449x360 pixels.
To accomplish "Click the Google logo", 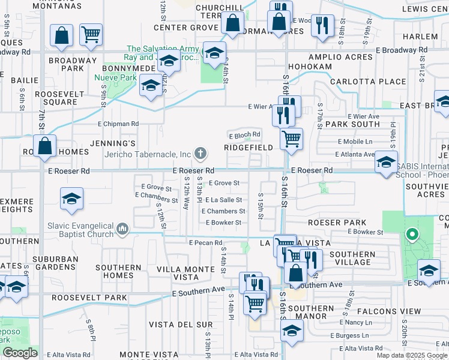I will tap(20, 352).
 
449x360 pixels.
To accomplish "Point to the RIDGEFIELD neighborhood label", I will tap(249, 147).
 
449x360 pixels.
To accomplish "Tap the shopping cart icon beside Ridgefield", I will tap(291, 139).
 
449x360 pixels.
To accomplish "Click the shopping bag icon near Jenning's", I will tap(45, 146).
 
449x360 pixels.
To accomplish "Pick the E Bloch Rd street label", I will tap(244, 134).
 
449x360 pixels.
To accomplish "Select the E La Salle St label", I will tap(223, 200).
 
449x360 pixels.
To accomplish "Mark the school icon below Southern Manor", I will tap(292, 331).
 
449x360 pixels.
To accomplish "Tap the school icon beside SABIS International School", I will tap(386, 162).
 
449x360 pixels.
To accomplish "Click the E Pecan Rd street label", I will tap(205, 243).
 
